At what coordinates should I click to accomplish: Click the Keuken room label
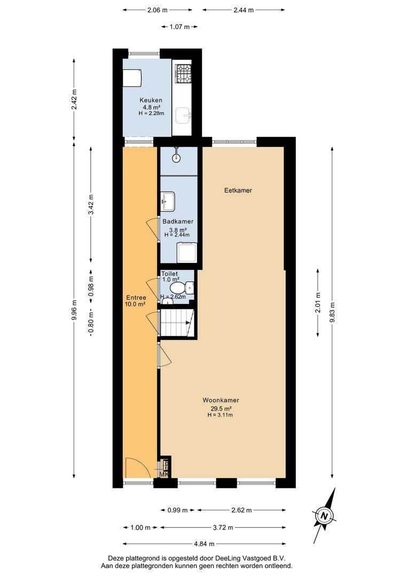tap(151, 100)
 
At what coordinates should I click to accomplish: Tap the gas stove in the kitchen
tap(183, 73)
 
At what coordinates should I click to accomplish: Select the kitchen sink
tap(183, 116)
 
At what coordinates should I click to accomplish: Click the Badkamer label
tap(178, 222)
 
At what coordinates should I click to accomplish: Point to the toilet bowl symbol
tap(177, 287)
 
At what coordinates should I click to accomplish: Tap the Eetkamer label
tap(238, 190)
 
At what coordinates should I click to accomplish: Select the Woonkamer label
tap(221, 400)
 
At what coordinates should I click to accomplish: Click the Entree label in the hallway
tap(136, 298)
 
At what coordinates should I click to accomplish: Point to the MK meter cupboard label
tap(164, 474)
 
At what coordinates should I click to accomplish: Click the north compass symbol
tap(324, 515)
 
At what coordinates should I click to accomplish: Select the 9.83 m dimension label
tap(332, 312)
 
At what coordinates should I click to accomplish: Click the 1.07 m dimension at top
tap(179, 27)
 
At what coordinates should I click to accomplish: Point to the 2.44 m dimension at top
tap(244, 10)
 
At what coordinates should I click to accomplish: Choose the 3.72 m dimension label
tap(223, 527)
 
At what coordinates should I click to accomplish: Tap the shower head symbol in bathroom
tap(177, 155)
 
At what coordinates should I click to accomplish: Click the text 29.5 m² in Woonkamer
tap(221, 409)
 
